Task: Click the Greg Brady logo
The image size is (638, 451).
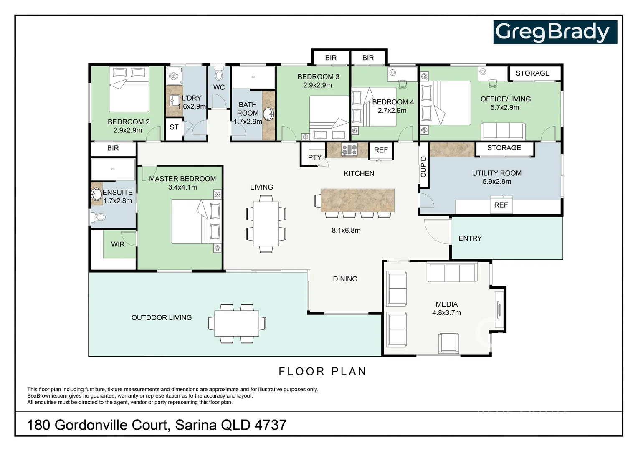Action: [555, 32]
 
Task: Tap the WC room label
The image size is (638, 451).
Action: [219, 87]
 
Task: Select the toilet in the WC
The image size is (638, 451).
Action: [219, 75]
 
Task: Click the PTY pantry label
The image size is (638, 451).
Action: [315, 157]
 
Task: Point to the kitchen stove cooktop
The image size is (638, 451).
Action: [349, 149]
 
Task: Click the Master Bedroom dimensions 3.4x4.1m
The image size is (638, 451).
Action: [182, 187]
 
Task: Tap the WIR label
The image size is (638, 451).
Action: [118, 244]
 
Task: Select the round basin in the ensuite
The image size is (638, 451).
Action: [97, 195]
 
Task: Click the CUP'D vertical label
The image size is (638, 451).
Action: [423, 167]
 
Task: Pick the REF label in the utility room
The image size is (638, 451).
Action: [501, 205]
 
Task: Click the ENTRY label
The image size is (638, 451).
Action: [470, 238]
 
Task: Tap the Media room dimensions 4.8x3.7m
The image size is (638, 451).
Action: [446, 313]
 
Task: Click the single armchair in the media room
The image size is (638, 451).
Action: [448, 343]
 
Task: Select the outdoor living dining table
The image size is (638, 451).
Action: [237, 324]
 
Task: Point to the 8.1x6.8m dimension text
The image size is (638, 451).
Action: [346, 230]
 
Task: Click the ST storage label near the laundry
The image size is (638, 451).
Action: [174, 127]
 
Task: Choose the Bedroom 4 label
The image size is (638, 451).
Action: [393, 102]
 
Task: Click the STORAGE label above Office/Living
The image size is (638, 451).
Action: [533, 73]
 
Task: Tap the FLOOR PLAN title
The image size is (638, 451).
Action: [322, 371]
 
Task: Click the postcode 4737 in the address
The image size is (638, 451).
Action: [271, 425]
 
